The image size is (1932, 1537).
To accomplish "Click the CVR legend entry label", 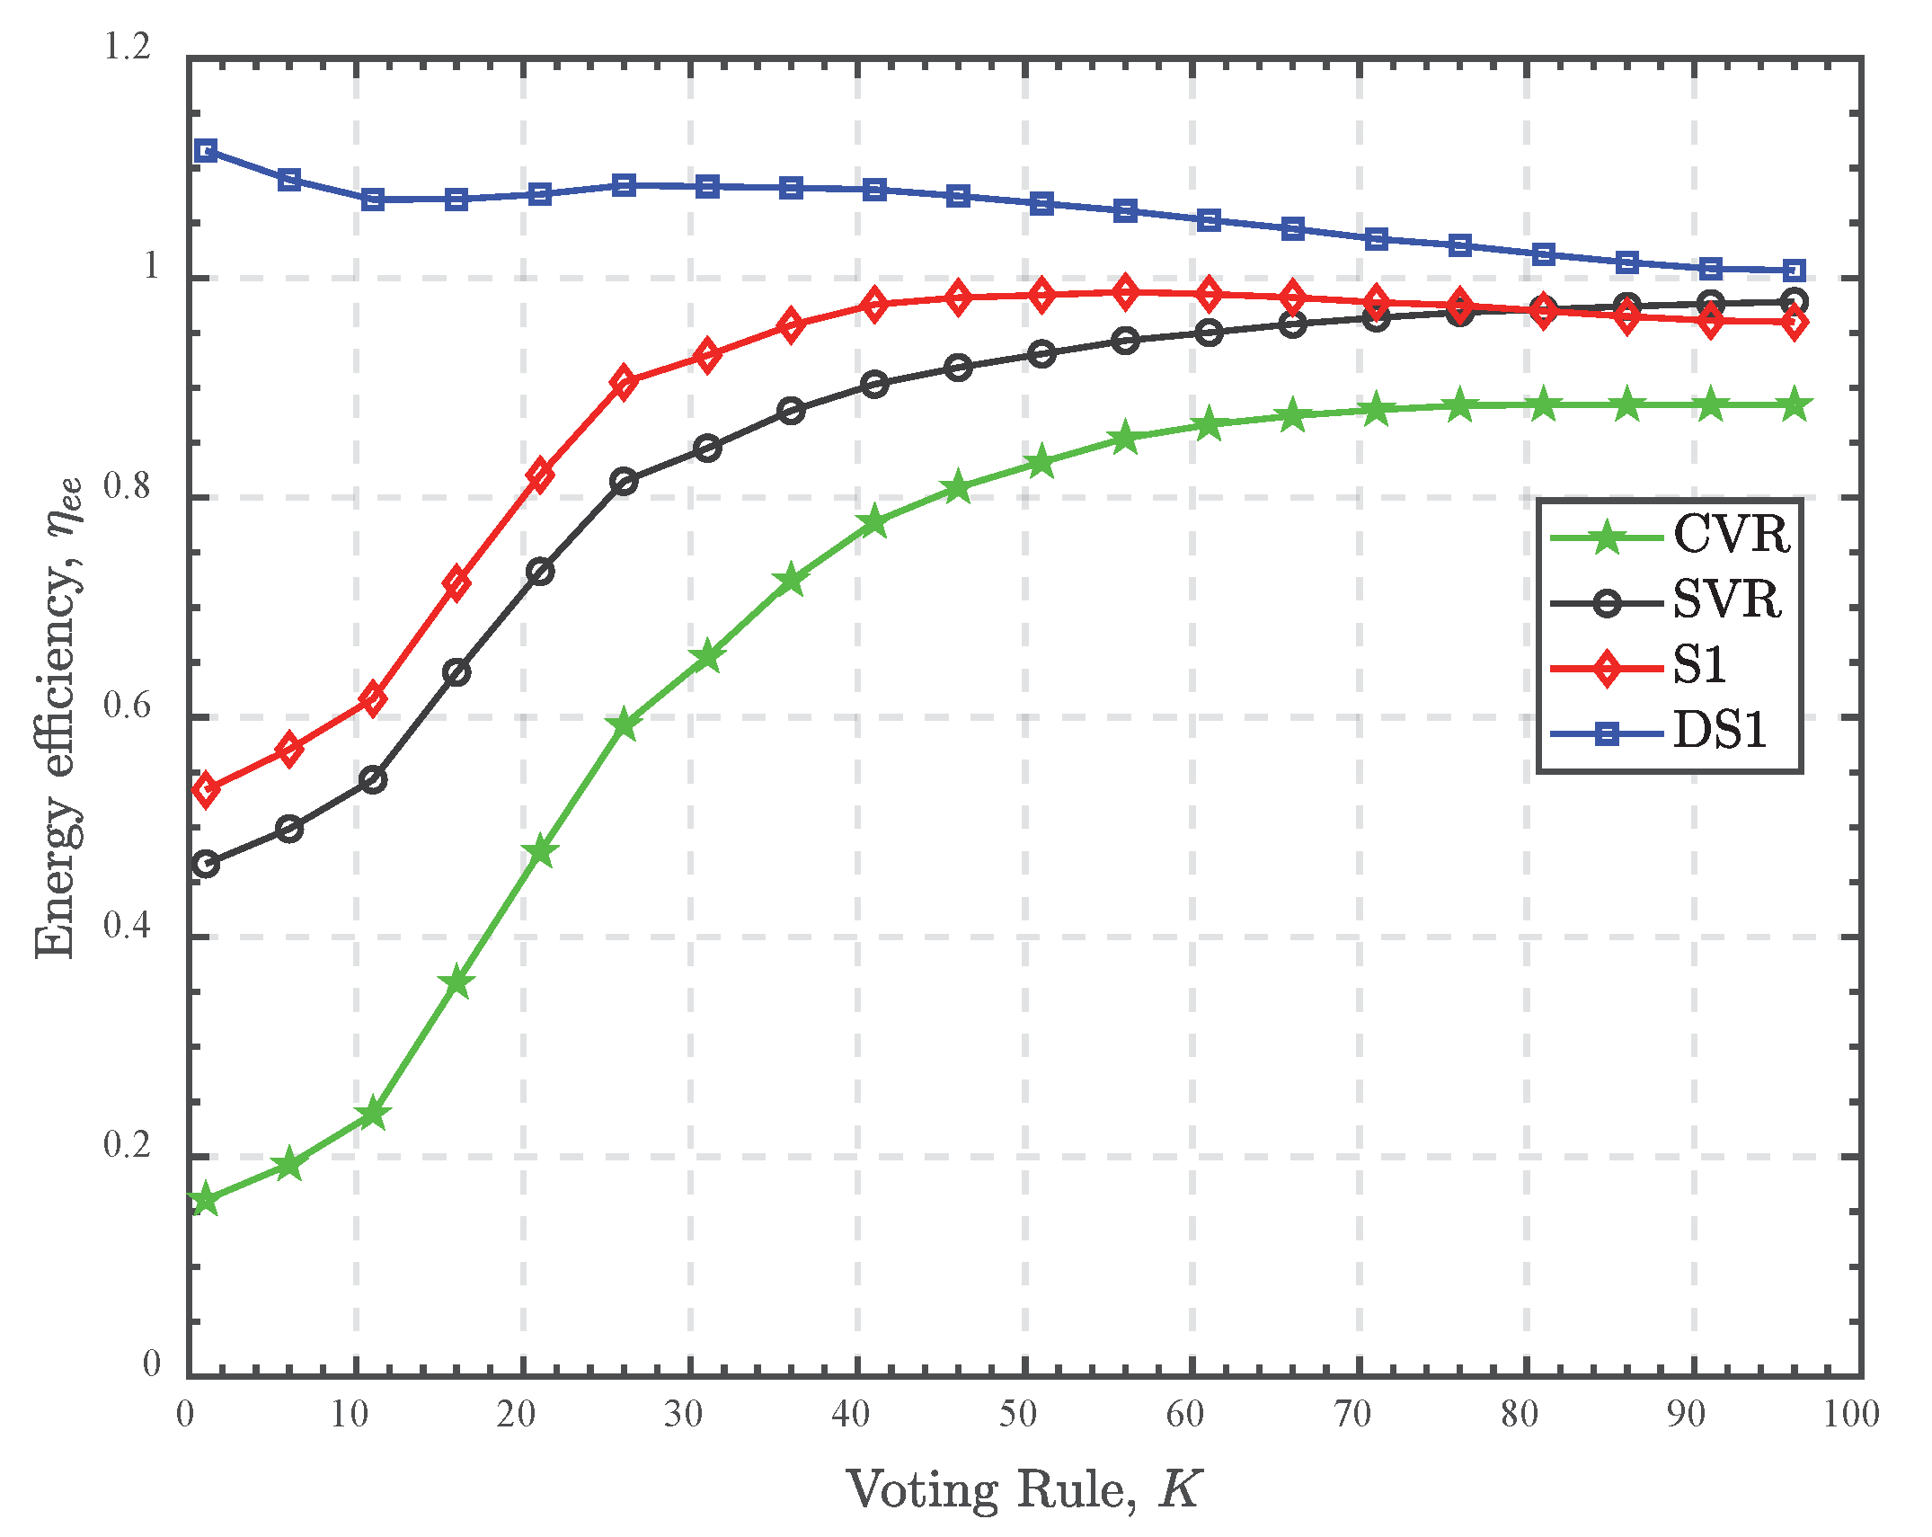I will [1731, 536].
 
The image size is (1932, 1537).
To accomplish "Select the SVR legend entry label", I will [1726, 600].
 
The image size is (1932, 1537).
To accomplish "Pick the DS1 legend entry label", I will [1719, 731].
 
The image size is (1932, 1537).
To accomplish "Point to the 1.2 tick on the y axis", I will [128, 47].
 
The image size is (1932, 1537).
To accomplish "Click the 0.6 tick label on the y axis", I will [128, 706].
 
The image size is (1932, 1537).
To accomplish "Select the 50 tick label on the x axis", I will [1018, 1415].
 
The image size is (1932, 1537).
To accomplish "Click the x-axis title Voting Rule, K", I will [1024, 1490].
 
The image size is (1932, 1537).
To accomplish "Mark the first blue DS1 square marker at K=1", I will [206, 150].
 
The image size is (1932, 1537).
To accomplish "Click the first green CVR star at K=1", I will [206, 1199].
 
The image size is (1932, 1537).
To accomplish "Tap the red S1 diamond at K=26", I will [624, 382].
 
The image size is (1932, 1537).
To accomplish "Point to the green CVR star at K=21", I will [540, 851].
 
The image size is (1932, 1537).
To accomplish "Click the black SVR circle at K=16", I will [456, 672].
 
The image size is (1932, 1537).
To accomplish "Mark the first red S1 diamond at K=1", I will [206, 789].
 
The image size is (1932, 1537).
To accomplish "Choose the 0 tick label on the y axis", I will [151, 1364].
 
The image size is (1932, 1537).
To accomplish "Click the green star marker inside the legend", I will [1607, 538].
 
